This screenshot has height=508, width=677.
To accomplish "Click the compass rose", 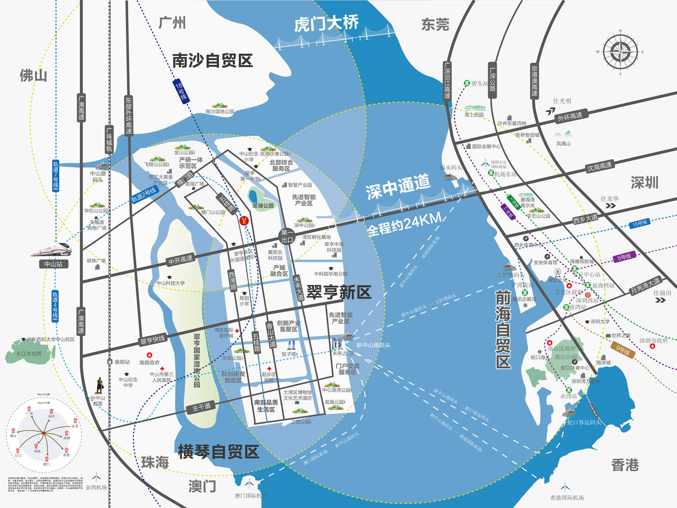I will [x=620, y=52].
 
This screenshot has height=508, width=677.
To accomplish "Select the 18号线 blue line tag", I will [x=181, y=90].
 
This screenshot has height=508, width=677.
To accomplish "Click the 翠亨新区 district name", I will [x=339, y=292].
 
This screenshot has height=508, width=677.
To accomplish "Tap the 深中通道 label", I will [x=398, y=187].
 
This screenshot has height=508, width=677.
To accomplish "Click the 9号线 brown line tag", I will [x=623, y=350].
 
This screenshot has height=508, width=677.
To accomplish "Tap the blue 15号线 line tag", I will [x=639, y=223].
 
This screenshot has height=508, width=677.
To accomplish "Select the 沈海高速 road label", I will [x=599, y=166].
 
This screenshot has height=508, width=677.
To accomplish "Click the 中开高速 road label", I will [x=180, y=259].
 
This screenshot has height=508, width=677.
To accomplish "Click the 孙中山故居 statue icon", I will [x=100, y=385].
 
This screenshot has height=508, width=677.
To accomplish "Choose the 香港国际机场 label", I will [x=567, y=498].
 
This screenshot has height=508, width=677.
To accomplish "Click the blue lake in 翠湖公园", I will [x=253, y=196].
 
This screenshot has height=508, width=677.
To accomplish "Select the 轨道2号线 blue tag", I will [x=144, y=195].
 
